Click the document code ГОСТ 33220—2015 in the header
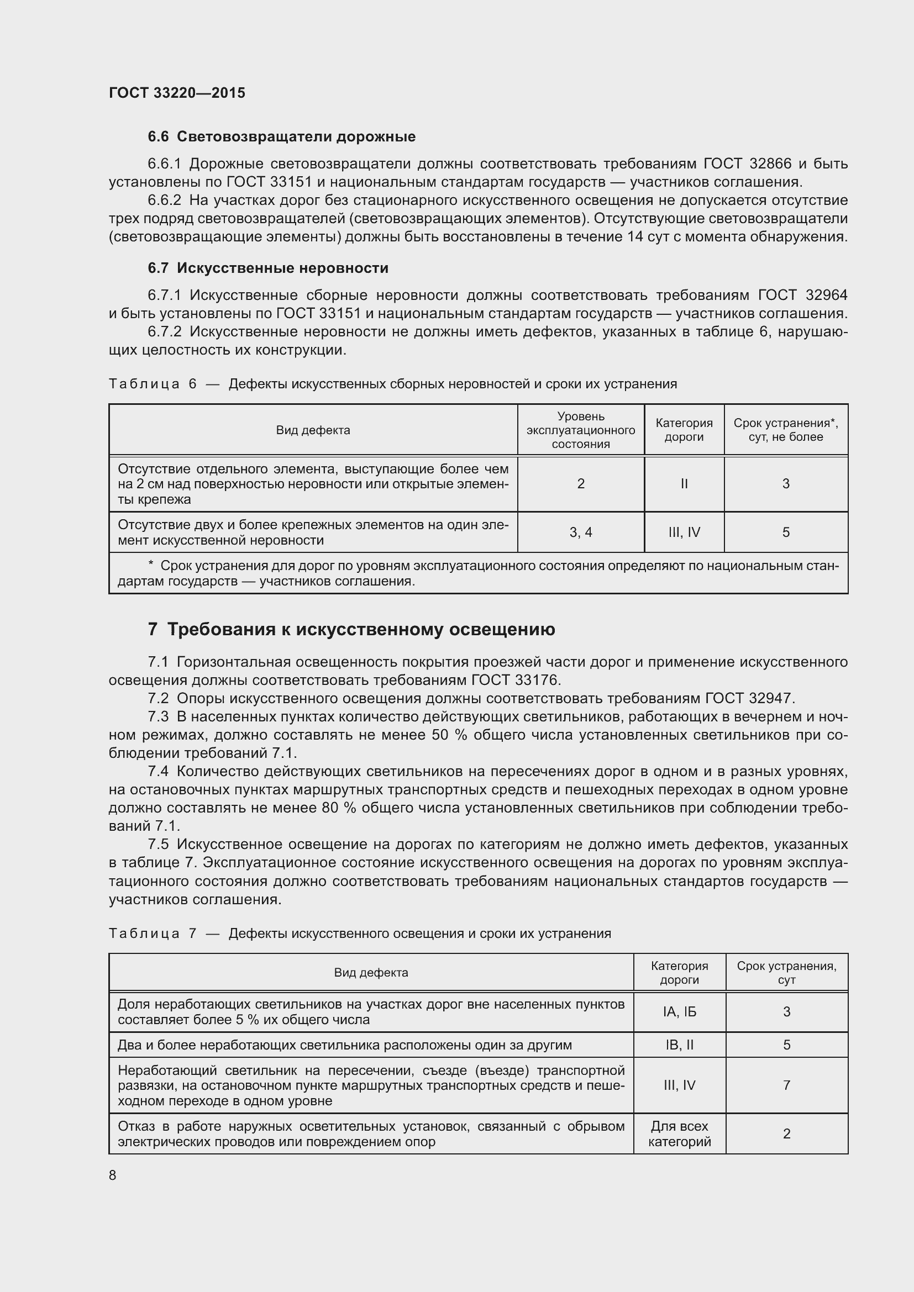(x=177, y=93)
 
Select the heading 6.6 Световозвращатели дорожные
(x=281, y=137)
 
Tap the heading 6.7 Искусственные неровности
(x=268, y=268)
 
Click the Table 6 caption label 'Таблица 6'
(x=153, y=384)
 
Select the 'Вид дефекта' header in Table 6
(x=313, y=430)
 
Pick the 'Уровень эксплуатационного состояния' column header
(x=580, y=430)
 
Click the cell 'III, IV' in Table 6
(x=684, y=532)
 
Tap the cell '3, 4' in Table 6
(x=580, y=532)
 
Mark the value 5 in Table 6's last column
(x=786, y=532)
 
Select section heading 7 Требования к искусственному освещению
(x=351, y=629)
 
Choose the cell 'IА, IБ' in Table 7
(x=679, y=1012)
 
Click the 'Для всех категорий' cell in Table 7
(x=679, y=1133)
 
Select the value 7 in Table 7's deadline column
(x=786, y=1085)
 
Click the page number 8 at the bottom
(x=113, y=1175)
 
